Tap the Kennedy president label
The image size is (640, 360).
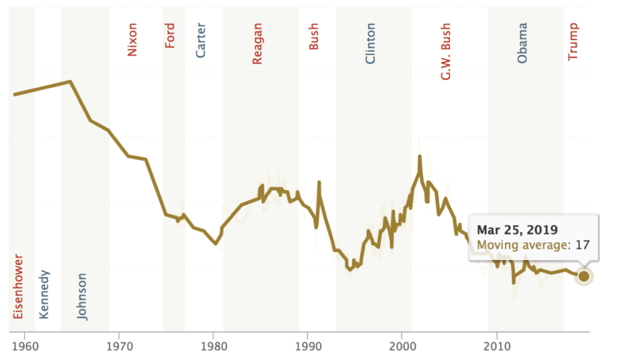coord(44,294)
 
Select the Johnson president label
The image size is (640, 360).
coord(82,297)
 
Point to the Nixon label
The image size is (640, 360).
coord(132,39)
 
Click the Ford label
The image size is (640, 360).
coord(170,36)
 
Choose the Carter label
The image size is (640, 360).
coord(201,40)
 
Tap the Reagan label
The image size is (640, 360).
coord(257,43)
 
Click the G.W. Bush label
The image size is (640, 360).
coord(446,52)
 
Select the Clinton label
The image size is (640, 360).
coord(371,44)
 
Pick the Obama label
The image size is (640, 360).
coord(522,42)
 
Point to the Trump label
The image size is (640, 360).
coord(573,42)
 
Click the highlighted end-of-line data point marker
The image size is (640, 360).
coord(584,276)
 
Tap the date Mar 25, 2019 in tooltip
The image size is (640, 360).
coord(517,229)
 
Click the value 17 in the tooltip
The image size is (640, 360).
coord(582,245)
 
